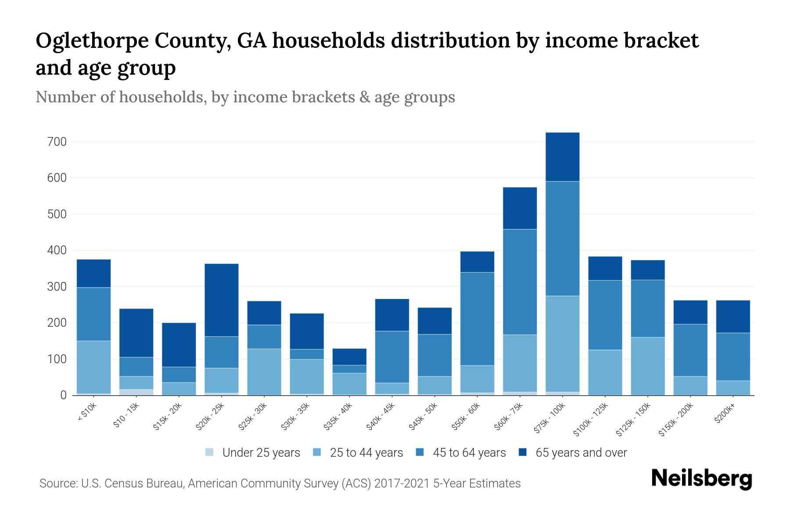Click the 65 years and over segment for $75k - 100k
[x=562, y=157]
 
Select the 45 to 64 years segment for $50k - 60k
[x=477, y=319]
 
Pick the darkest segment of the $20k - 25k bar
[x=222, y=300]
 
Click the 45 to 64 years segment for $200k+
[x=733, y=357]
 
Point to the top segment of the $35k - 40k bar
[x=349, y=357]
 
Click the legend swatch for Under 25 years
[x=210, y=452]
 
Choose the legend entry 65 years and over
[x=581, y=453]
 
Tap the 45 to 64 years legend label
[x=469, y=453]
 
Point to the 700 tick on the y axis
[x=58, y=142]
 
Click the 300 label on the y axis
[x=58, y=287]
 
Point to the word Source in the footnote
[x=57, y=484]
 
